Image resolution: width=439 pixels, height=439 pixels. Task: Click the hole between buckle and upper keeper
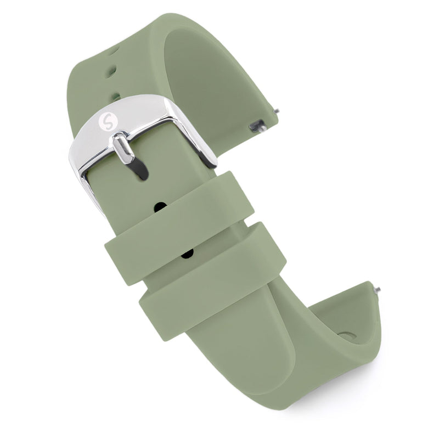[x=161, y=207]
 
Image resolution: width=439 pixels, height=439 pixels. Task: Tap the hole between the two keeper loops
[x=187, y=253]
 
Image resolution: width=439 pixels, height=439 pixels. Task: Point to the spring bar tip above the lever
[x=276, y=111]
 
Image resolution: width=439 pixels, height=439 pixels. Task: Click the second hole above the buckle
[x=110, y=70]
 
